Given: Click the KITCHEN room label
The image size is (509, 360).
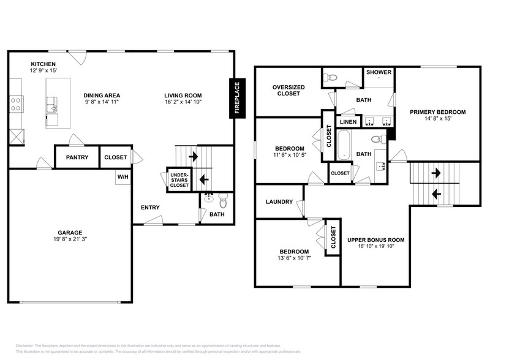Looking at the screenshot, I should (43, 64).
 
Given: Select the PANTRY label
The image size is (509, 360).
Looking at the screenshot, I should (77, 157).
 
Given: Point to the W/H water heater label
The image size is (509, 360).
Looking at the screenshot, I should (123, 177).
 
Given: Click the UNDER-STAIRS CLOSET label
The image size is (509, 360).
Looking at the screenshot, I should (179, 180).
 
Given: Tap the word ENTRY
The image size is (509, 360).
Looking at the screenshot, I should (150, 208).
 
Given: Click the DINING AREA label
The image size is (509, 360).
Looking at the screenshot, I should (102, 96).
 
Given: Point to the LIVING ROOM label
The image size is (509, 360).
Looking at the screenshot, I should (183, 96).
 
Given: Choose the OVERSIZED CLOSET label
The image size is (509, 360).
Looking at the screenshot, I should (287, 90).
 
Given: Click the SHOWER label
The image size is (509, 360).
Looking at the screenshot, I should (379, 72).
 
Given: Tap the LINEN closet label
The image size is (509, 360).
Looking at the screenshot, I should (348, 121).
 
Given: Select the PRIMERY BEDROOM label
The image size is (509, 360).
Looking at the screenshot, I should (438, 112).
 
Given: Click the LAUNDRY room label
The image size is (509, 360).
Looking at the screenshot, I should (279, 201).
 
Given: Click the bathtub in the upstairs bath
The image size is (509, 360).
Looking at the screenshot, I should (344, 144).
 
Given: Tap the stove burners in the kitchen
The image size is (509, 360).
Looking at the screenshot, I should (15, 103).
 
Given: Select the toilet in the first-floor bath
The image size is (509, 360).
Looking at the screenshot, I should (223, 198).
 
